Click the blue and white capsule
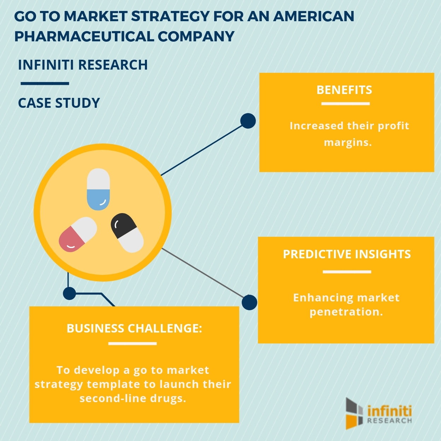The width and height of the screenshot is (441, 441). point(98,189)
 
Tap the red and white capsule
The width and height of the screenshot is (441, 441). point(78,234)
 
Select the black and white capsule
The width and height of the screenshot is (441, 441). point(127,233)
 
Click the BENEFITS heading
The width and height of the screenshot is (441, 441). point(344,90)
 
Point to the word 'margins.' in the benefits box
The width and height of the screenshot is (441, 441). point(348,143)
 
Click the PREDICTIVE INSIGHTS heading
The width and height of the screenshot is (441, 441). point(347,254)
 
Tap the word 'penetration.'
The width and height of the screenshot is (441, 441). point(346,312)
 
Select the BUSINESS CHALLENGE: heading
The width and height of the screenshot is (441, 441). point(134,329)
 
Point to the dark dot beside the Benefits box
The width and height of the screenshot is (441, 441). point(248,121)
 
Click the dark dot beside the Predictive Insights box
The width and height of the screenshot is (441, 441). point(249,302)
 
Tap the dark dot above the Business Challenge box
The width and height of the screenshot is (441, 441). point(69,293)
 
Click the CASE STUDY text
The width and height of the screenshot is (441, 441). point(59,103)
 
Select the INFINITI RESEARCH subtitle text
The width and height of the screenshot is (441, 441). point(83,65)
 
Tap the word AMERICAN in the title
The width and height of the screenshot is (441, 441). point(314,17)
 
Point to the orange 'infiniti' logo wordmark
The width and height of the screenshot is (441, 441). point(389,411)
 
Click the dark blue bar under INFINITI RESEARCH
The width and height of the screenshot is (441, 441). point(45,84)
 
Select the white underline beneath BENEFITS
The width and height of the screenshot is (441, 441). point(345,104)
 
